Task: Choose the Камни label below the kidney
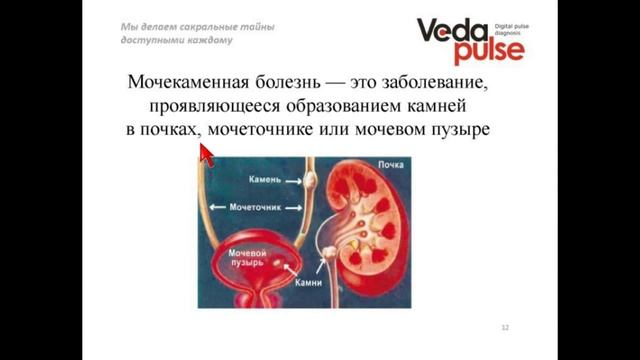tap(308, 284)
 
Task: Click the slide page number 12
tap(505, 328)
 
